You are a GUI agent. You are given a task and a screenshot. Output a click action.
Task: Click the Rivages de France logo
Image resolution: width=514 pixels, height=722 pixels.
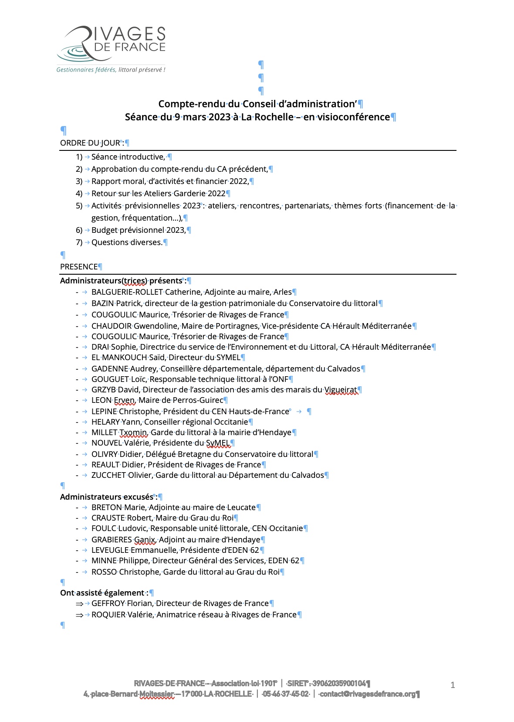coord(111,44)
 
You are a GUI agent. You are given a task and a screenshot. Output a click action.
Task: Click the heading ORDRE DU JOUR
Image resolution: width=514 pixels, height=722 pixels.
coord(90,143)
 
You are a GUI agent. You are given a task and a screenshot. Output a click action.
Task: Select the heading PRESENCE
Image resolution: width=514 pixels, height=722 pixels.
coord(79,267)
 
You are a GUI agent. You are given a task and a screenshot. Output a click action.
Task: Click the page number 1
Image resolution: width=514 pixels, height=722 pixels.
coord(453,685)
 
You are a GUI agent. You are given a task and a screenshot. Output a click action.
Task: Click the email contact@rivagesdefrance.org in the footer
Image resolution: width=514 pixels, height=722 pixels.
coord(367,694)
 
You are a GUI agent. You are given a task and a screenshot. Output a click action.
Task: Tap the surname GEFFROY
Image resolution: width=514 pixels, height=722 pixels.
coord(108,603)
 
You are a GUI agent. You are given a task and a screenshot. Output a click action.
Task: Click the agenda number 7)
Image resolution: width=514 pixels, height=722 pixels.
coord(79,242)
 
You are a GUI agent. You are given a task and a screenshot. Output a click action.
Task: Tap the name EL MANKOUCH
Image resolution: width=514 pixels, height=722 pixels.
coord(119,358)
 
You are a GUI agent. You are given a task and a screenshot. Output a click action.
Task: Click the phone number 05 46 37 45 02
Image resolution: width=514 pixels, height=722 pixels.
coord(286,694)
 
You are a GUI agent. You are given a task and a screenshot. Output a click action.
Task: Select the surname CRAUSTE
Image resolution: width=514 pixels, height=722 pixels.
coord(108,518)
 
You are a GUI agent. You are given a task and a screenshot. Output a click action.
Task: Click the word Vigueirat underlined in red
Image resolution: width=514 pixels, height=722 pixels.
coord(341,390)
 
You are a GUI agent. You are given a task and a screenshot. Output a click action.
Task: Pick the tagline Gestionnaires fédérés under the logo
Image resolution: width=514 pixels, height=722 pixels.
coord(86,70)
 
